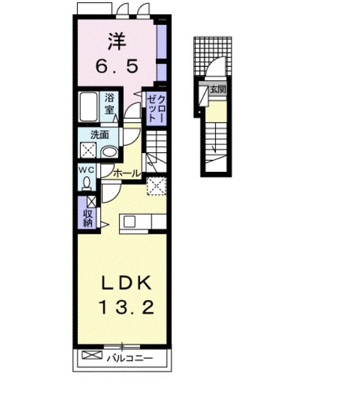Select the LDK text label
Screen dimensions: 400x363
[127, 283]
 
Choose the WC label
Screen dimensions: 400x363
[86, 169]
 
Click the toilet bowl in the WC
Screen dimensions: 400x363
[86, 182]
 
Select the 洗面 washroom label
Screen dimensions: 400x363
[99, 134]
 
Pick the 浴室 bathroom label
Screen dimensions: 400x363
[110, 102]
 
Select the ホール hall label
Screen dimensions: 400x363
[127, 173]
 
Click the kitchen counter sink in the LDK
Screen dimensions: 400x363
[130, 221]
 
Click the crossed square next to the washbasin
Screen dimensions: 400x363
[87, 150]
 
